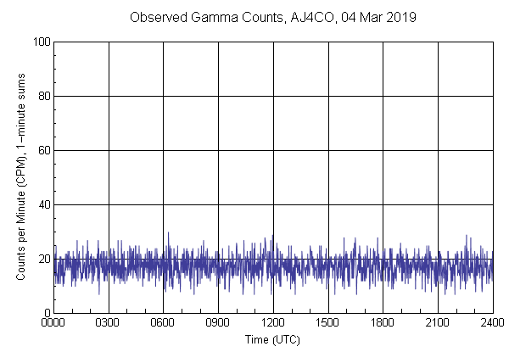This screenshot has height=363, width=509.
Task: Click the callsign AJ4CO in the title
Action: pyautogui.click(x=303, y=17)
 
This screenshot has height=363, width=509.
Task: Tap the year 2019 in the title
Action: pyautogui.click(x=396, y=17)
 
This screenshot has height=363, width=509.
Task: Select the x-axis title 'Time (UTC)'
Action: pyautogui.click(x=272, y=340)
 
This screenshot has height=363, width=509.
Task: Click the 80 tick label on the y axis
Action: pyautogui.click(x=42, y=97)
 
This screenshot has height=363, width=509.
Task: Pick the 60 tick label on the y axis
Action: pyautogui.click(x=42, y=151)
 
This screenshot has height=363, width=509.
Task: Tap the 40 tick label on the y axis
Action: pyautogui.click(x=42, y=205)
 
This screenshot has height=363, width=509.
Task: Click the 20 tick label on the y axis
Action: pyautogui.click(x=42, y=260)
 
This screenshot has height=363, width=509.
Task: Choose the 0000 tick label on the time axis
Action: pyautogui.click(x=53, y=323)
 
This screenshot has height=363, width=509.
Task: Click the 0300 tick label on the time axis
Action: pyautogui.click(x=109, y=323)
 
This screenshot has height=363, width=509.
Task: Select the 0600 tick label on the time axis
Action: pyautogui.click(x=163, y=323)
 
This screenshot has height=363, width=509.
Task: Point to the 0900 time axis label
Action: pyautogui.click(x=218, y=323)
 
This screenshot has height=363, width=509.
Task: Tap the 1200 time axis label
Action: pyautogui.click(x=273, y=323)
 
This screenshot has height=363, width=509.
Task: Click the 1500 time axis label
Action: pyautogui.click(x=327, y=323)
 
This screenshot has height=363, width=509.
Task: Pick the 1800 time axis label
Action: pyautogui.click(x=383, y=323)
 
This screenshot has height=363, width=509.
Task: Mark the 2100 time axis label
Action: pyautogui.click(x=438, y=323)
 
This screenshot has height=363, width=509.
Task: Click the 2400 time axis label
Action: pyautogui.click(x=492, y=323)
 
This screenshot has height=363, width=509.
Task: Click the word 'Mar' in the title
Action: pyautogui.click(x=366, y=17)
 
